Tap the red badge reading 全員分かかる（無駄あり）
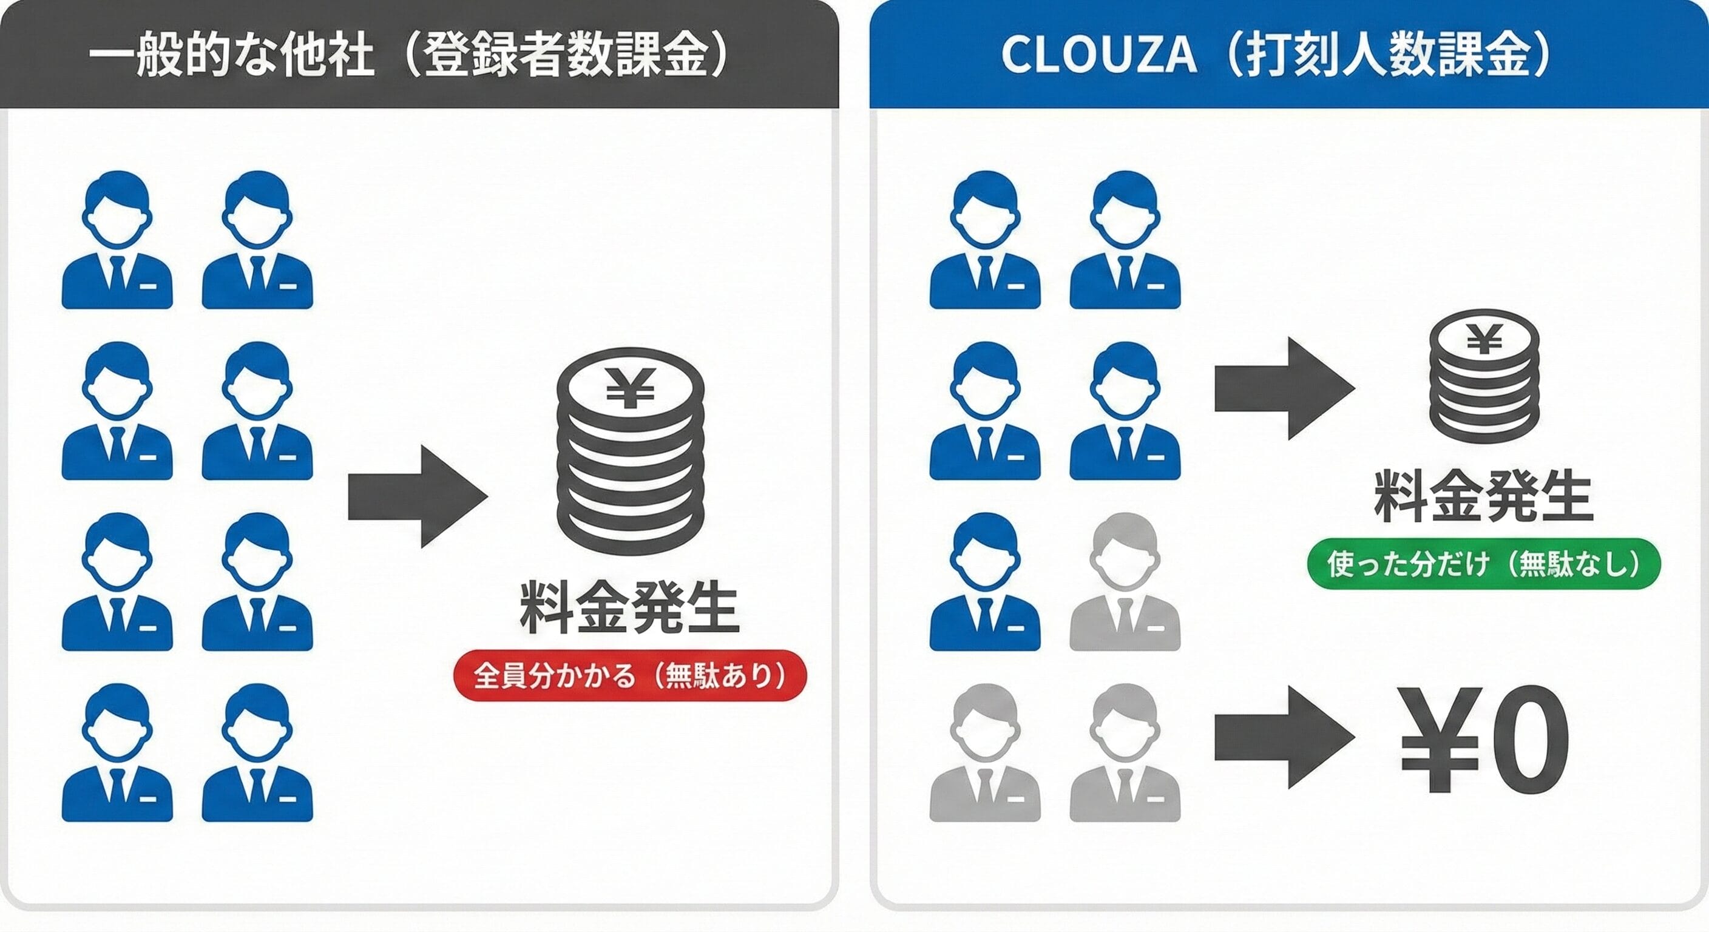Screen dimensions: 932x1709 click(x=629, y=675)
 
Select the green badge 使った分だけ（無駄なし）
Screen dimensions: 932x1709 click(x=1483, y=564)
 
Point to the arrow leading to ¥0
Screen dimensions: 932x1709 click(x=1283, y=738)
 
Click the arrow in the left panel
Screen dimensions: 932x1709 click(x=418, y=496)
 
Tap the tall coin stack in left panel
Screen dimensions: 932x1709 click(x=631, y=451)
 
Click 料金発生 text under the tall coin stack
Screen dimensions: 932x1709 click(x=629, y=607)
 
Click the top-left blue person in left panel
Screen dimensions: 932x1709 click(x=117, y=240)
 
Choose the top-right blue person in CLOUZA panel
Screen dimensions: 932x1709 click(x=1125, y=240)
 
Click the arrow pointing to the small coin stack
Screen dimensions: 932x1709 click(x=1283, y=389)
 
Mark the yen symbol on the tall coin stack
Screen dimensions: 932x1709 click(x=631, y=388)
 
